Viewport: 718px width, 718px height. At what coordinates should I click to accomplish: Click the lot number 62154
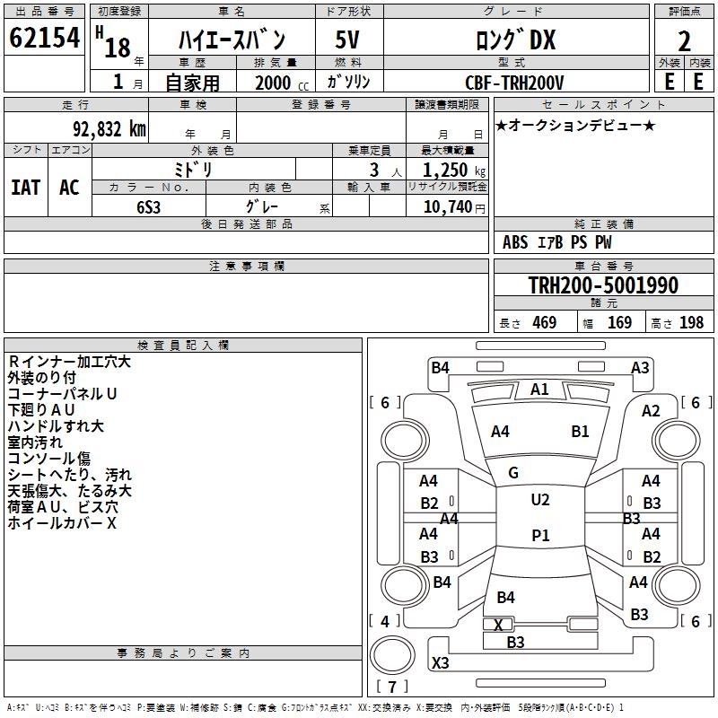[x=44, y=37]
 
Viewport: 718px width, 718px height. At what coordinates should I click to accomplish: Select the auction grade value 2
[x=684, y=41]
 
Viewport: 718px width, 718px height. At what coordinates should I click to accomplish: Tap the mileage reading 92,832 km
[x=109, y=129]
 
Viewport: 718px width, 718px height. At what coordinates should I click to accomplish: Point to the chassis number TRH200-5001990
[x=603, y=285]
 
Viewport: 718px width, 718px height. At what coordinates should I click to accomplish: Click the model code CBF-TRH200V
[x=514, y=83]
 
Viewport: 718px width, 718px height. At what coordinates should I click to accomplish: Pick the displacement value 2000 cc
[x=282, y=83]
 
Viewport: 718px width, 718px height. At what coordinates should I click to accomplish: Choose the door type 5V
[x=347, y=39]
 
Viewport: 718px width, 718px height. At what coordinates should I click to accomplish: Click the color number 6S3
[x=148, y=207]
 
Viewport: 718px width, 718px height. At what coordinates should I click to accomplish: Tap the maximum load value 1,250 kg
[x=454, y=170]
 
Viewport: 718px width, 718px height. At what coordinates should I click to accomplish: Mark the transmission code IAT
[x=26, y=188]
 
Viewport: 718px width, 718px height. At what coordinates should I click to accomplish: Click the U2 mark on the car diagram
[x=540, y=500]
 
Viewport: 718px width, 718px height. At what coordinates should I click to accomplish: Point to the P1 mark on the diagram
[x=540, y=535]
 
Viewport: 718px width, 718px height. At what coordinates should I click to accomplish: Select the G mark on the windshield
[x=513, y=473]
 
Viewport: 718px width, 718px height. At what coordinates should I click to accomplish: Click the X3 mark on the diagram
[x=440, y=662]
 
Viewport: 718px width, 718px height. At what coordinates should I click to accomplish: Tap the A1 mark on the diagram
[x=539, y=390]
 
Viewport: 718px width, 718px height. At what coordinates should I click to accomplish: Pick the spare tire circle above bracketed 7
[x=392, y=655]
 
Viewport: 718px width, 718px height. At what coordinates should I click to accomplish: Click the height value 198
[x=691, y=322]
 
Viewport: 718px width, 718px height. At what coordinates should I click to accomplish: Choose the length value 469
[x=545, y=322]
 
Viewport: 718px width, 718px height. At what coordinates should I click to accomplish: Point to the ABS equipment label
[x=515, y=242]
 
